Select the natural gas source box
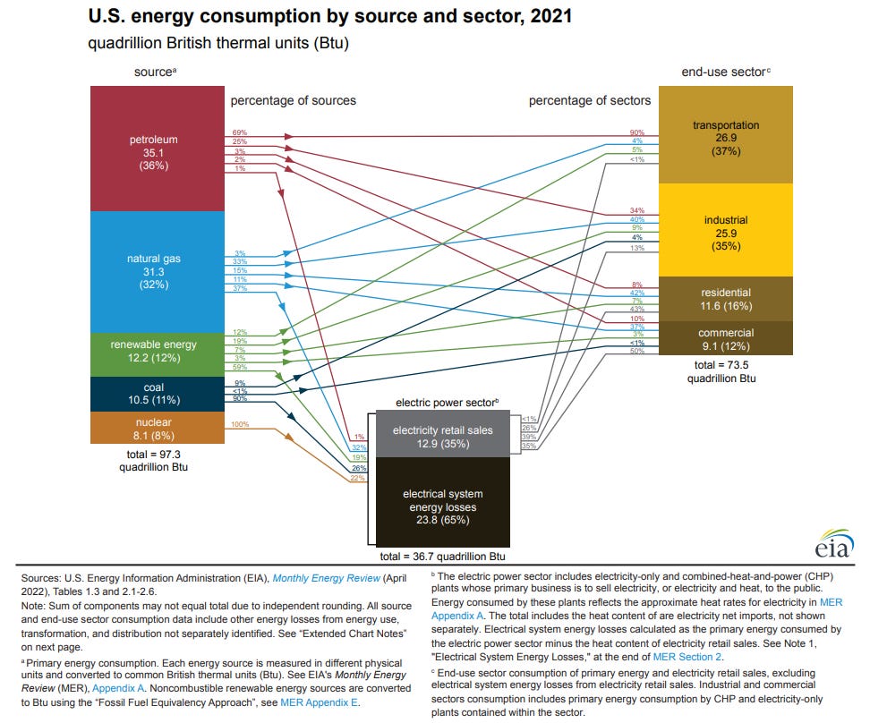coord(157,271)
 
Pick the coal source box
coord(157,394)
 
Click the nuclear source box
coord(157,428)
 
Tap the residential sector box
coord(725,299)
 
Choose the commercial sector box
coord(725,338)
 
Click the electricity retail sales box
coord(442,437)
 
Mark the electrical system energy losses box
coord(442,506)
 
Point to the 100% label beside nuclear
coord(239,423)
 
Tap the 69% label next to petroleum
coord(239,132)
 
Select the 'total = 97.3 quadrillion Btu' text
coord(157,460)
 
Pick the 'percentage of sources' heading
coord(294,100)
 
